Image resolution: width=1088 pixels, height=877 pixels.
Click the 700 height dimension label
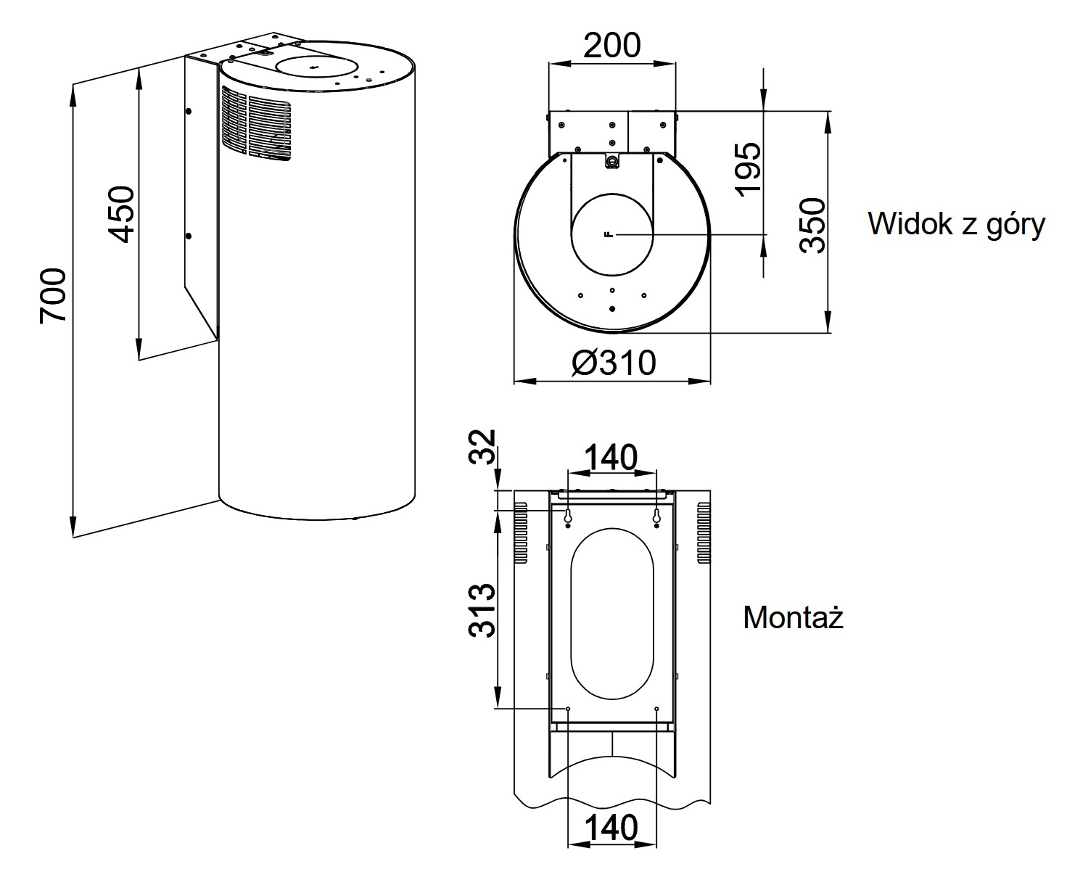click(53, 295)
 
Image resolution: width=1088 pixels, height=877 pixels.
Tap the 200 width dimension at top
click(612, 46)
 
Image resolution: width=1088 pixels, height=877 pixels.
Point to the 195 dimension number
click(748, 169)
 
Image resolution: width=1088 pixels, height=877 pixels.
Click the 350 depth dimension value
click(813, 225)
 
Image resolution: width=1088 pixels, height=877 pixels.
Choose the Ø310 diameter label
click(613, 363)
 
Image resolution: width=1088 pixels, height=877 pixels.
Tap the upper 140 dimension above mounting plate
click(611, 457)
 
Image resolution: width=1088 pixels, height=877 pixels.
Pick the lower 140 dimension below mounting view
click(611, 828)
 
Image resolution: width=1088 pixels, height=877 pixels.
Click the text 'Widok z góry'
click(956, 224)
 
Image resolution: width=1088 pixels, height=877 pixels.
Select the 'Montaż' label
click(793, 618)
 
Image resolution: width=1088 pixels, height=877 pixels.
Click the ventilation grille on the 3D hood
click(257, 123)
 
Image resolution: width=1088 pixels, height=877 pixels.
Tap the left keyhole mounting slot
click(568, 516)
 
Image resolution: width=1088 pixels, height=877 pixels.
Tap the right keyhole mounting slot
click(656, 516)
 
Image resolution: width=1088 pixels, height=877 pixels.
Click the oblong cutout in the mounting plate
click(612, 613)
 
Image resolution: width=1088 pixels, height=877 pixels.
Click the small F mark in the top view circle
click(608, 234)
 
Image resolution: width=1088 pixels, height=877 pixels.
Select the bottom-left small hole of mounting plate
click(568, 709)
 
